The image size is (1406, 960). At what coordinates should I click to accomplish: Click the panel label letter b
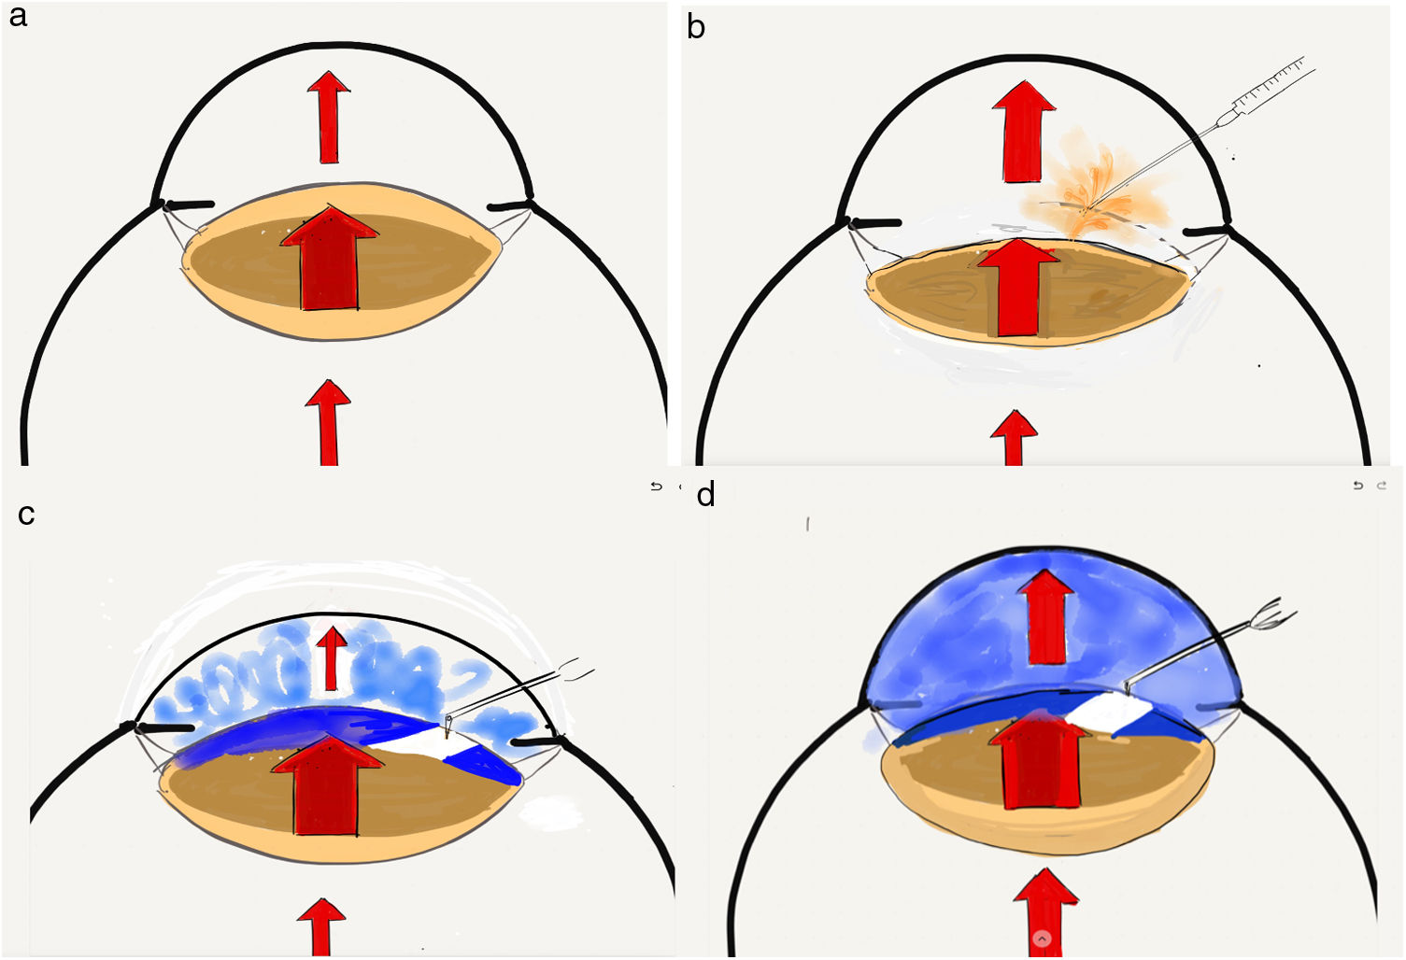pyautogui.click(x=696, y=27)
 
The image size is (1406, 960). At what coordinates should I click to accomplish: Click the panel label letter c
pyautogui.click(x=26, y=514)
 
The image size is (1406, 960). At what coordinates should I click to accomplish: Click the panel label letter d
pyautogui.click(x=705, y=494)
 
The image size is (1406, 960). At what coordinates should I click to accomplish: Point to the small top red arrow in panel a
pyautogui.click(x=329, y=117)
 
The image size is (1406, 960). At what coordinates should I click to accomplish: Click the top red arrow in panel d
pyautogui.click(x=1045, y=616)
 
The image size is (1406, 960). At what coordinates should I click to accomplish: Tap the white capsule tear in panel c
pyautogui.click(x=425, y=741)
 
